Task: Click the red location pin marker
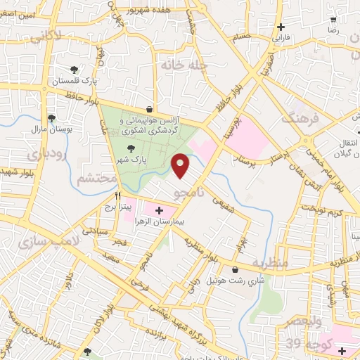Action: (x=181, y=166)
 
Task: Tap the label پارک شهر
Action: (x=130, y=160)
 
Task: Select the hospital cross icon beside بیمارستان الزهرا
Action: (x=158, y=210)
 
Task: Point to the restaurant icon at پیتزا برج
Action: (x=117, y=195)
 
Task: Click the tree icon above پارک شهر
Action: (x=130, y=148)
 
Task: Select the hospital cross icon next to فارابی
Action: (x=281, y=27)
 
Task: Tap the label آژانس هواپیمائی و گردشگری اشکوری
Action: (x=150, y=126)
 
